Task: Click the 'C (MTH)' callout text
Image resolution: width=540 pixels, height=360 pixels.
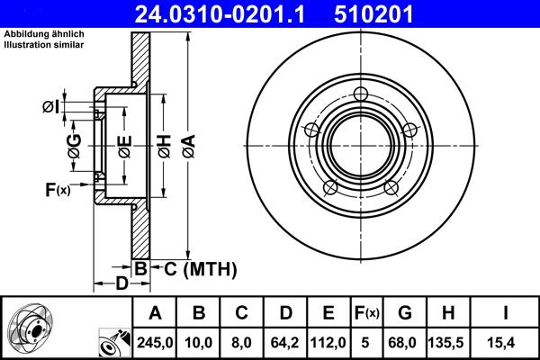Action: click(200, 267)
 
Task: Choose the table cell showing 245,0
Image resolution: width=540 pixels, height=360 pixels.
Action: click(155, 342)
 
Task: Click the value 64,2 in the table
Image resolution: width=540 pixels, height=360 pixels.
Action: click(285, 342)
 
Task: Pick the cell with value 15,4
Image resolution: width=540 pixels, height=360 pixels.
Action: click(505, 342)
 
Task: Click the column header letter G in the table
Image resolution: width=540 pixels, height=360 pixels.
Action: click(404, 313)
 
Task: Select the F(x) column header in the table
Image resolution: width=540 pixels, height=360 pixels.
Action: click(367, 313)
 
